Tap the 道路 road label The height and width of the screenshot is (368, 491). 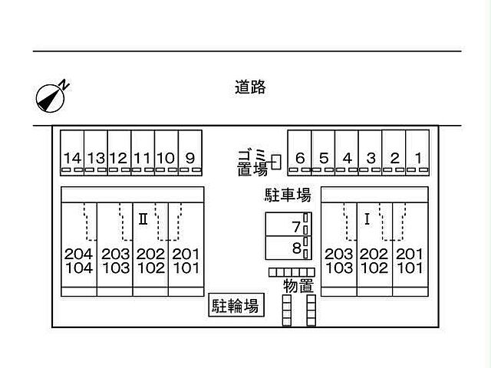pos(250,87)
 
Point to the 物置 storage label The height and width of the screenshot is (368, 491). pos(298,287)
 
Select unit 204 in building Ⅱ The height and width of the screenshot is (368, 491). pos(79,254)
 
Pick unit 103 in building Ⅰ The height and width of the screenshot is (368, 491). pos(338,268)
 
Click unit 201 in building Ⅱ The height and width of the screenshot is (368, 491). pos(186,254)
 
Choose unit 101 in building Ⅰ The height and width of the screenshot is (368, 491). pos(410,268)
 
